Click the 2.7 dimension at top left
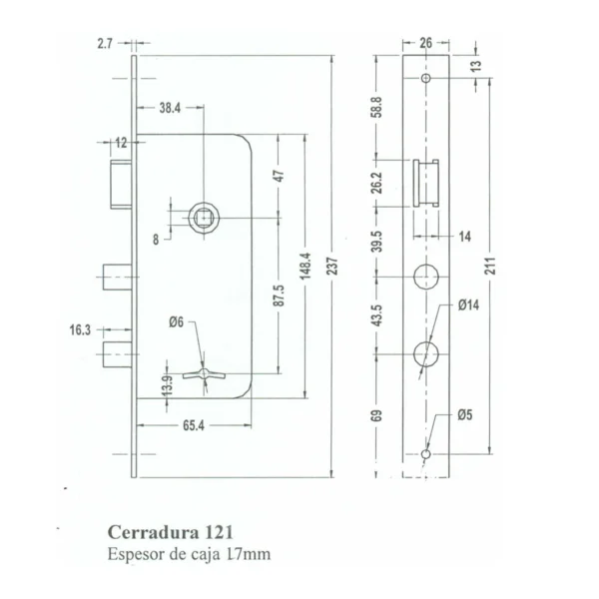[105, 44]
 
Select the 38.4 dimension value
[170, 108]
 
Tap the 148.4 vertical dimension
[305, 266]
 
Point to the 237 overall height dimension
[332, 267]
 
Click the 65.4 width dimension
[194, 425]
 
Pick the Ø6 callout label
[176, 322]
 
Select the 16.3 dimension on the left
[80, 329]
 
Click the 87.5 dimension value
[279, 295]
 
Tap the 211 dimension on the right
[490, 266]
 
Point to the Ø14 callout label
[468, 304]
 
